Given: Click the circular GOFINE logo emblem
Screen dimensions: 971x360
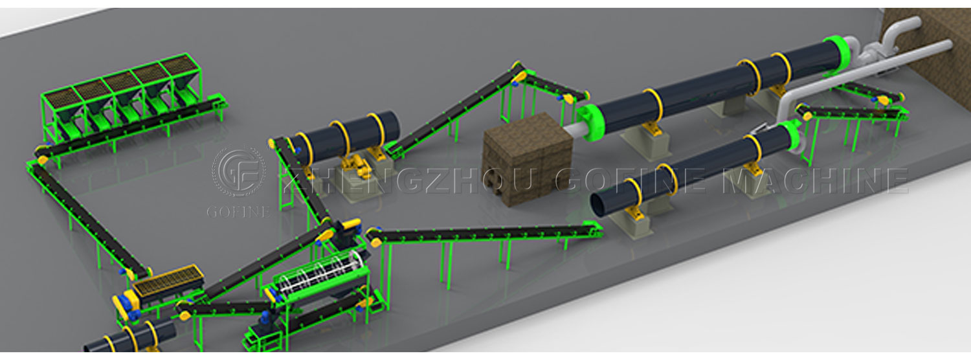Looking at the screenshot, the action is pos(238,172).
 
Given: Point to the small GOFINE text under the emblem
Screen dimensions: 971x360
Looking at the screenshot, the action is pos(238,212).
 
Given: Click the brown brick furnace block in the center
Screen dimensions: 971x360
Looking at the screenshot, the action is pos(528,159).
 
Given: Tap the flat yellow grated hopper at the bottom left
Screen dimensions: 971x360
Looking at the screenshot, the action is pos(168,280).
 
